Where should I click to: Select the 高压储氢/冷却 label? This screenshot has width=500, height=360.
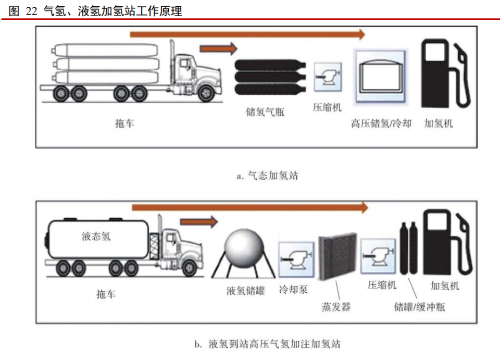pyautogui.click(x=381, y=123)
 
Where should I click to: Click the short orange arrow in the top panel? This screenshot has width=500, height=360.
pyautogui.click(x=218, y=49)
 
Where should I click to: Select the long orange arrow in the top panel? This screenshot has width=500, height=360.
pyautogui.click(x=248, y=34)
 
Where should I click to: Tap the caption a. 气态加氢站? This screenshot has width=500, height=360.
pyautogui.click(x=268, y=176)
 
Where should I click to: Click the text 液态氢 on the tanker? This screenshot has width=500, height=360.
pyautogui.click(x=96, y=236)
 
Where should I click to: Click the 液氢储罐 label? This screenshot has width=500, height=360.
pyautogui.click(x=246, y=291)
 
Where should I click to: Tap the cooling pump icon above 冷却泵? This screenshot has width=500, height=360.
pyautogui.click(x=296, y=258)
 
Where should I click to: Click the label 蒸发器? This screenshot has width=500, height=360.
pyautogui.click(x=335, y=306)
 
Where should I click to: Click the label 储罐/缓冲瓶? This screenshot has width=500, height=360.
pyautogui.click(x=419, y=307)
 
